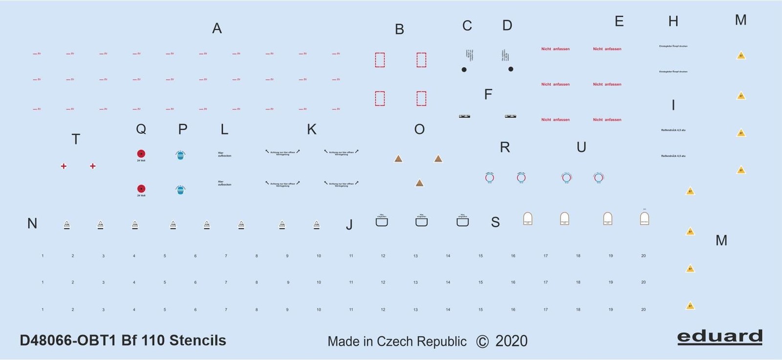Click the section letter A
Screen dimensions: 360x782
tap(217, 29)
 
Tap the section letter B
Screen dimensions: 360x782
tap(399, 30)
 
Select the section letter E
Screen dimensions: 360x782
tap(619, 21)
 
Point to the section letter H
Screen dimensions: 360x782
tap(673, 21)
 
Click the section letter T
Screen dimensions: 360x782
tap(76, 140)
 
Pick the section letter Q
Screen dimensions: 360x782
tap(141, 129)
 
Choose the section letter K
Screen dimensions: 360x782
tap(311, 129)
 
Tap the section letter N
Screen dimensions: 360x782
tap(32, 224)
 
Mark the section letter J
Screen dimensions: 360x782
tap(349, 225)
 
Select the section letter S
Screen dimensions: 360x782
tap(495, 223)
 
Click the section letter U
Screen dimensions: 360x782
tap(581, 148)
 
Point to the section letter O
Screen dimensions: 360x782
tap(419, 129)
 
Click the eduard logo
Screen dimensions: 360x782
tap(719, 337)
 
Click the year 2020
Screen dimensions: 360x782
tap(511, 341)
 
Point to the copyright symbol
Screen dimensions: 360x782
tap(482, 341)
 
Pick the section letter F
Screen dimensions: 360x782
tap(488, 95)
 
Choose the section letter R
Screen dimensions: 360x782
tap(505, 148)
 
